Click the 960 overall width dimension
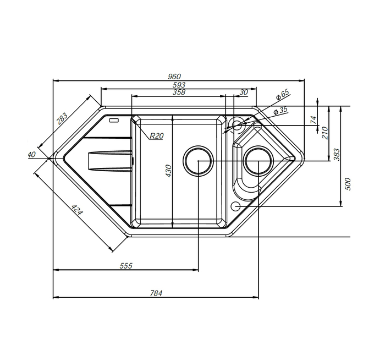coord(174,77)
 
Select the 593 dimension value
coord(179,85)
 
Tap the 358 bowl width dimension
coord(179,92)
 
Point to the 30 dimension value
coord(243,92)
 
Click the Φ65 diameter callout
coord(282,94)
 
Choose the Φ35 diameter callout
coord(280,110)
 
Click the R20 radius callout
coord(157,135)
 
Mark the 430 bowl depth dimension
coord(168,171)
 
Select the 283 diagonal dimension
coord(62,119)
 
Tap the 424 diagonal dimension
coord(78,209)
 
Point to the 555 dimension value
coord(126,266)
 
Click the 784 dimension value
coord(156,293)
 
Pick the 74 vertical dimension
coord(313,119)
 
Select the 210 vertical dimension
coord(324,133)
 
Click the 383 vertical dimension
coord(337,155)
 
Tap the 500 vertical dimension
coord(348,184)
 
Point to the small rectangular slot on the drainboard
coord(114,121)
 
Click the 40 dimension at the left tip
coord(32,155)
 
